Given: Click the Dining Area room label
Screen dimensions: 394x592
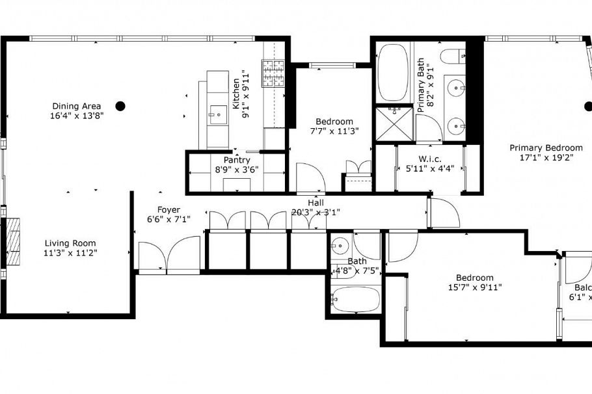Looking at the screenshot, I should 75,106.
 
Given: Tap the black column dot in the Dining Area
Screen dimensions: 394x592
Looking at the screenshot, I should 120,105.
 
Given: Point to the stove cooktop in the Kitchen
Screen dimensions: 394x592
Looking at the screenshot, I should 273,73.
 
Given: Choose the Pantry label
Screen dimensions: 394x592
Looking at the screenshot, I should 237,160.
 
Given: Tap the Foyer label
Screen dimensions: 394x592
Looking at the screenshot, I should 168,209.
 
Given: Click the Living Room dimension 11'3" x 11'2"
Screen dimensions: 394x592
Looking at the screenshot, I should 70,253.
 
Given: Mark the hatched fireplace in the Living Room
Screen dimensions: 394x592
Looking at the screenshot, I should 14,243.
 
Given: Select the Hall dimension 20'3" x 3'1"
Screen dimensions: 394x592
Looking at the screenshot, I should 316,212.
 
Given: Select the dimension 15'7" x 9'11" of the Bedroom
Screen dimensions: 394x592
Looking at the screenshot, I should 474,287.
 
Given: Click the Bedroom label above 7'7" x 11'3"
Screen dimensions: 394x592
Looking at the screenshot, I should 334,122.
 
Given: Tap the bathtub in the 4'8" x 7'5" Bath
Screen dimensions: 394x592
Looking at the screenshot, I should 355,300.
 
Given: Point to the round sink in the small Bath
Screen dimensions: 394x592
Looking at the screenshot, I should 338,246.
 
